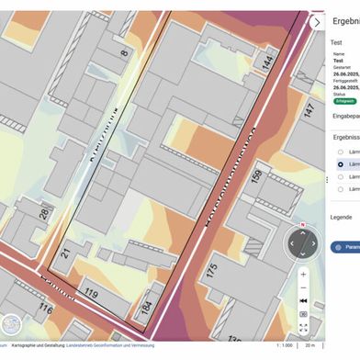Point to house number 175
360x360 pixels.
coord(214,272)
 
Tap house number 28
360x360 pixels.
coord(44,214)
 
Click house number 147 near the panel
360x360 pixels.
coord(309,110)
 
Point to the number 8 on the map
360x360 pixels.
coord(124,53)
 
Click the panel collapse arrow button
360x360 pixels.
coord(317,22)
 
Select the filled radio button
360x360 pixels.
coord(340,164)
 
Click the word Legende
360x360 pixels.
coord(342,217)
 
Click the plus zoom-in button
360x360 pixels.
coord(304,274)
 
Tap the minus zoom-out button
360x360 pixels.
coord(304,287)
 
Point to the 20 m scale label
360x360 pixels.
coord(309,345)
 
